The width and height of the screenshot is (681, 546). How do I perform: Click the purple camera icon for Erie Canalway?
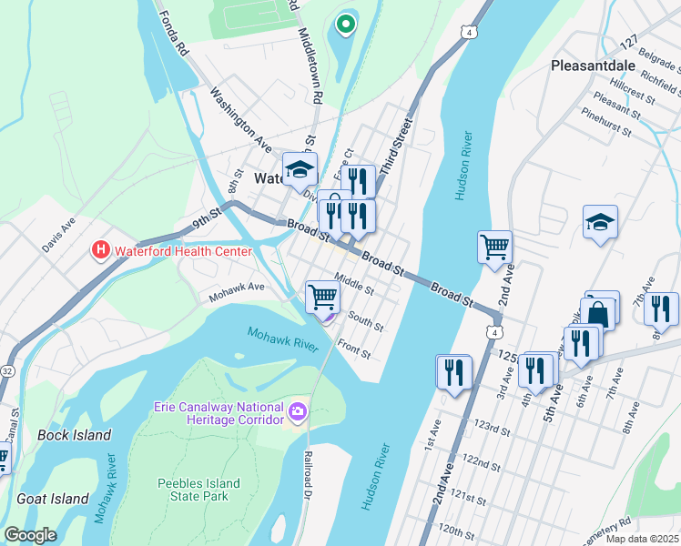point(297,413)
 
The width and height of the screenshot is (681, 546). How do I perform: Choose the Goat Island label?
point(52,499)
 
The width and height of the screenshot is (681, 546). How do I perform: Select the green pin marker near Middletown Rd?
point(345,25)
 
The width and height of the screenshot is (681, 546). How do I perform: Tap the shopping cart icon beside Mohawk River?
point(323,296)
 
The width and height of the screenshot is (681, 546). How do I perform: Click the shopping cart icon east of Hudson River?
point(494,246)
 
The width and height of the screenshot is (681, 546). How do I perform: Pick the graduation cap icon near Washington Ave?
point(299,169)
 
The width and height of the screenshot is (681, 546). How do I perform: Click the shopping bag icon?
point(601,312)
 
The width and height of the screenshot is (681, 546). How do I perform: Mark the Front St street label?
point(353,348)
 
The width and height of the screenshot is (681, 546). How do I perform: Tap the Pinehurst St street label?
point(605,125)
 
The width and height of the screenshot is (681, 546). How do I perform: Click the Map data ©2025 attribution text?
point(642,539)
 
